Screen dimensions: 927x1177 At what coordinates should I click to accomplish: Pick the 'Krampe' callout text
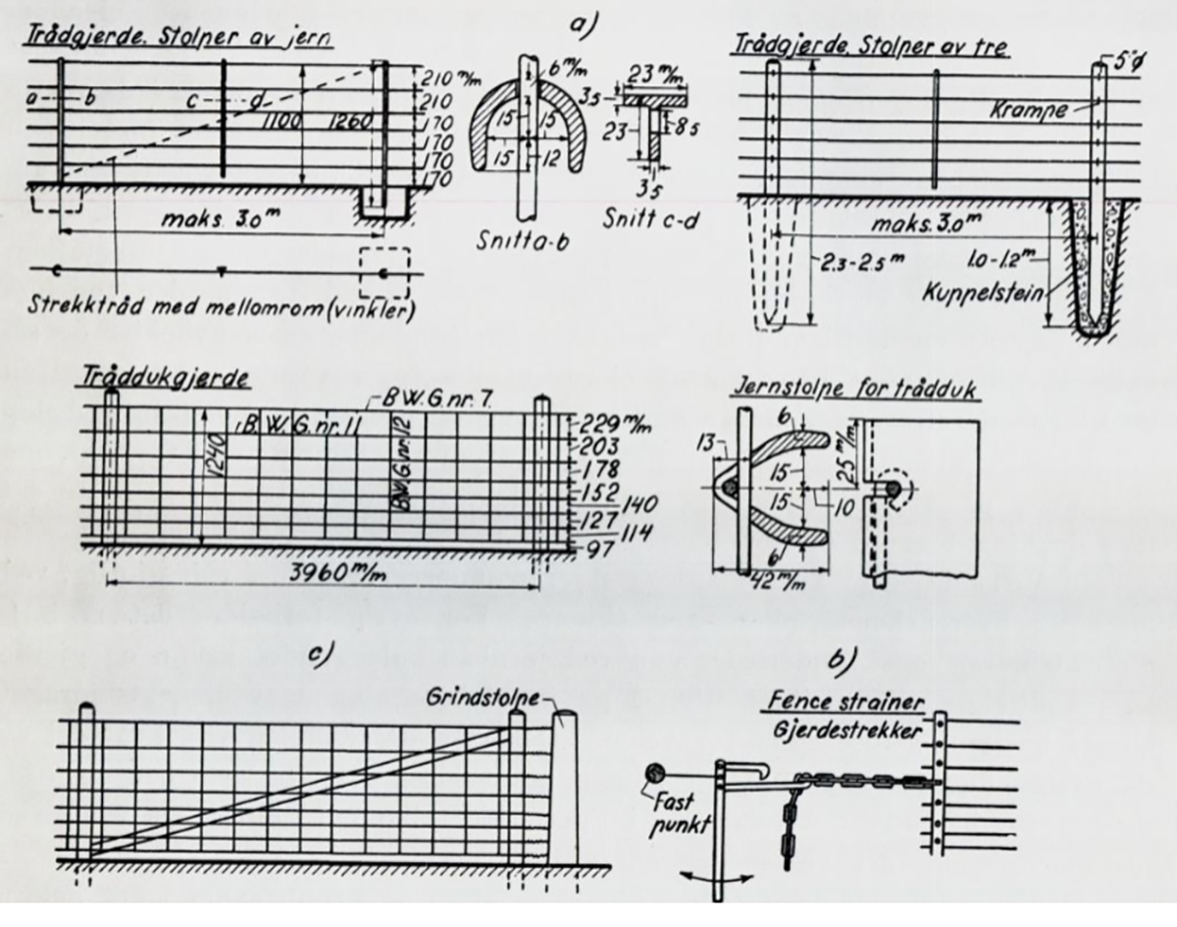coord(1028,110)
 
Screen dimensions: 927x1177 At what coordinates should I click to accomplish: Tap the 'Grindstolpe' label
coord(481,697)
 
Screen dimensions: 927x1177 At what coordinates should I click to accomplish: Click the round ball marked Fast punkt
coord(653,774)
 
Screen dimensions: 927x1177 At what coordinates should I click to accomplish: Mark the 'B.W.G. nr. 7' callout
coord(436,399)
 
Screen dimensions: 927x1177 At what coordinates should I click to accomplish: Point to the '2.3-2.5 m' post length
coord(859,261)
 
